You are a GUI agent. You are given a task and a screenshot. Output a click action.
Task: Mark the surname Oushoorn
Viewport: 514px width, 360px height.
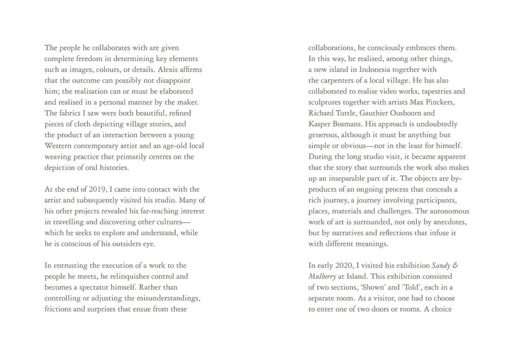[405, 113]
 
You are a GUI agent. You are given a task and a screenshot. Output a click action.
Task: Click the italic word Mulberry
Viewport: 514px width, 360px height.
[322, 276]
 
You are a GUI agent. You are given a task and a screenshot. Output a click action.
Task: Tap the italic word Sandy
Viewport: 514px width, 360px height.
[440, 265]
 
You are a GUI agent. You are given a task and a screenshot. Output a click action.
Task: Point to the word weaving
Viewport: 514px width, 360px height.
[59, 157]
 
